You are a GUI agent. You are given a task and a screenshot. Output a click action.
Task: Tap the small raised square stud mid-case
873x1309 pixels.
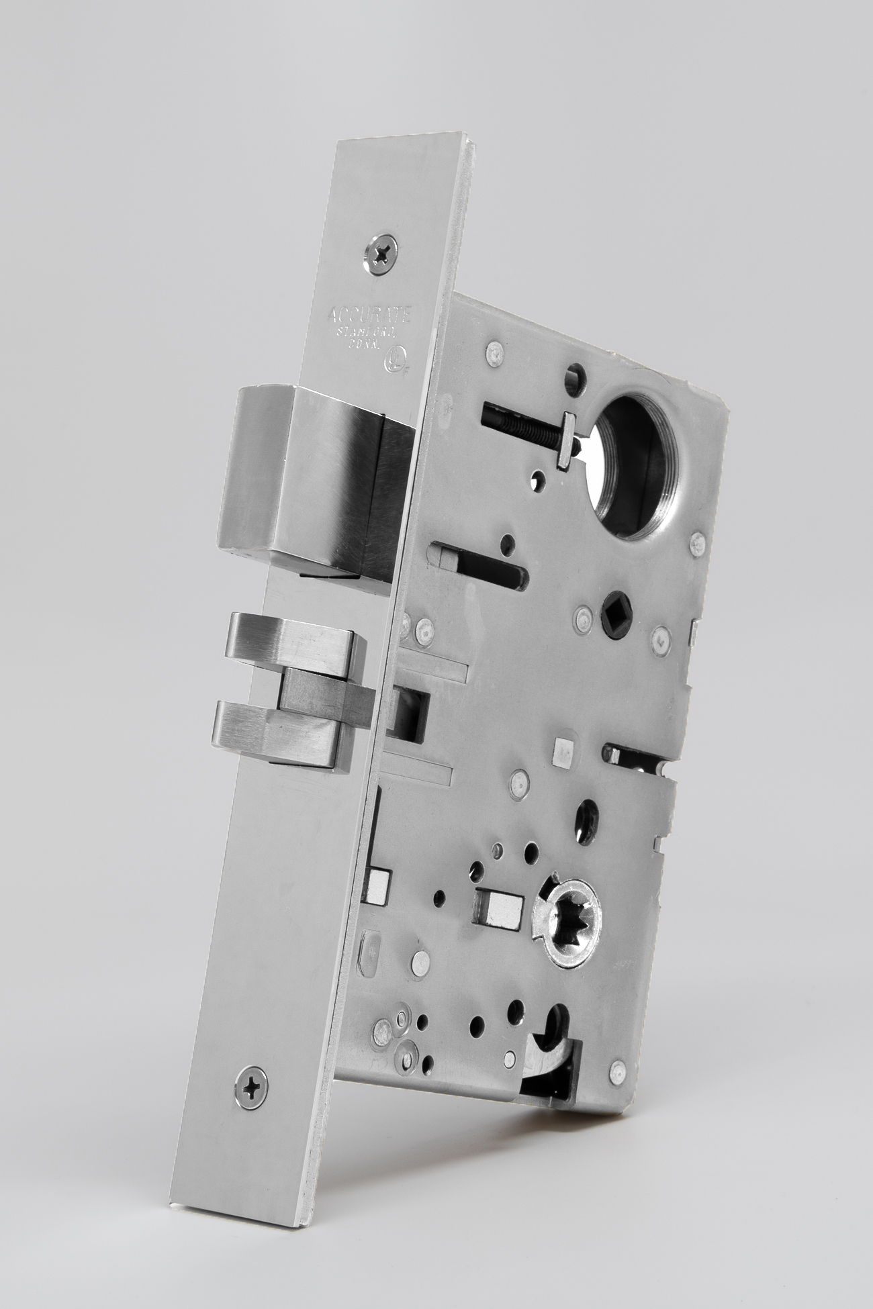coord(558,757)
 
